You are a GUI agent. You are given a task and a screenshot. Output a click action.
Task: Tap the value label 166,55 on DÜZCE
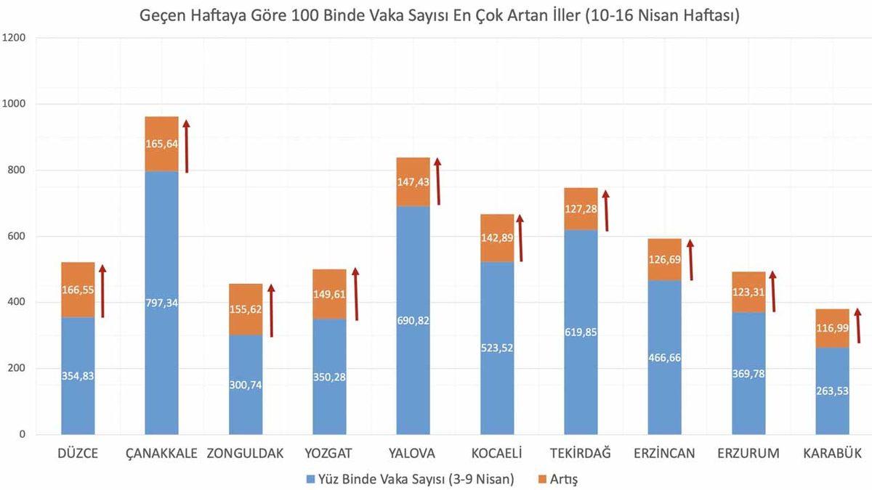(78, 290)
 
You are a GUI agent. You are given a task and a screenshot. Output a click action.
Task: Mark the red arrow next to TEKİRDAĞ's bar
(605, 211)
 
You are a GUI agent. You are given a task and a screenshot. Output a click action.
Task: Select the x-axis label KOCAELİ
(497, 454)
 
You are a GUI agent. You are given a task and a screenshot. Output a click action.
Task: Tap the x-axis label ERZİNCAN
(664, 454)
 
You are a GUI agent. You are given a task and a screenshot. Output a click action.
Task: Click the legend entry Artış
(564, 478)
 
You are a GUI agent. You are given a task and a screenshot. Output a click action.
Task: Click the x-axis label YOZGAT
(329, 454)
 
